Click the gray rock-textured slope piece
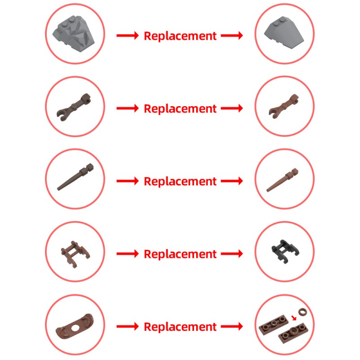pyautogui.click(x=73, y=34)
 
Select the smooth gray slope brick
pyautogui.click(x=284, y=32)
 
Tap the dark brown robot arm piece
pyautogui.click(x=73, y=107)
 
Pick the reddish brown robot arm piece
pyautogui.click(x=284, y=106)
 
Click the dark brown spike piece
pyautogui.click(x=75, y=177)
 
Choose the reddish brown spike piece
pyautogui.click(x=282, y=180)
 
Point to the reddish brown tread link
pyautogui.click(x=75, y=254)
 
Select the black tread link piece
pyautogui.click(x=285, y=251)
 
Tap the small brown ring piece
pyautogui.click(x=302, y=312)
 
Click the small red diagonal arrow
pyautogui.click(x=294, y=318)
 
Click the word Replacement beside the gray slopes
pyautogui.click(x=180, y=36)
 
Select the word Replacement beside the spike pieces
pyautogui.click(x=180, y=181)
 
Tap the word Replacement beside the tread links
pyautogui.click(x=180, y=254)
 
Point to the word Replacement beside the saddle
pyautogui.click(x=180, y=327)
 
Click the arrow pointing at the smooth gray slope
pyautogui.click(x=232, y=36)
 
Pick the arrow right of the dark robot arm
pyautogui.click(x=128, y=108)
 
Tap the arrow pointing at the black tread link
pyautogui.click(x=232, y=254)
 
